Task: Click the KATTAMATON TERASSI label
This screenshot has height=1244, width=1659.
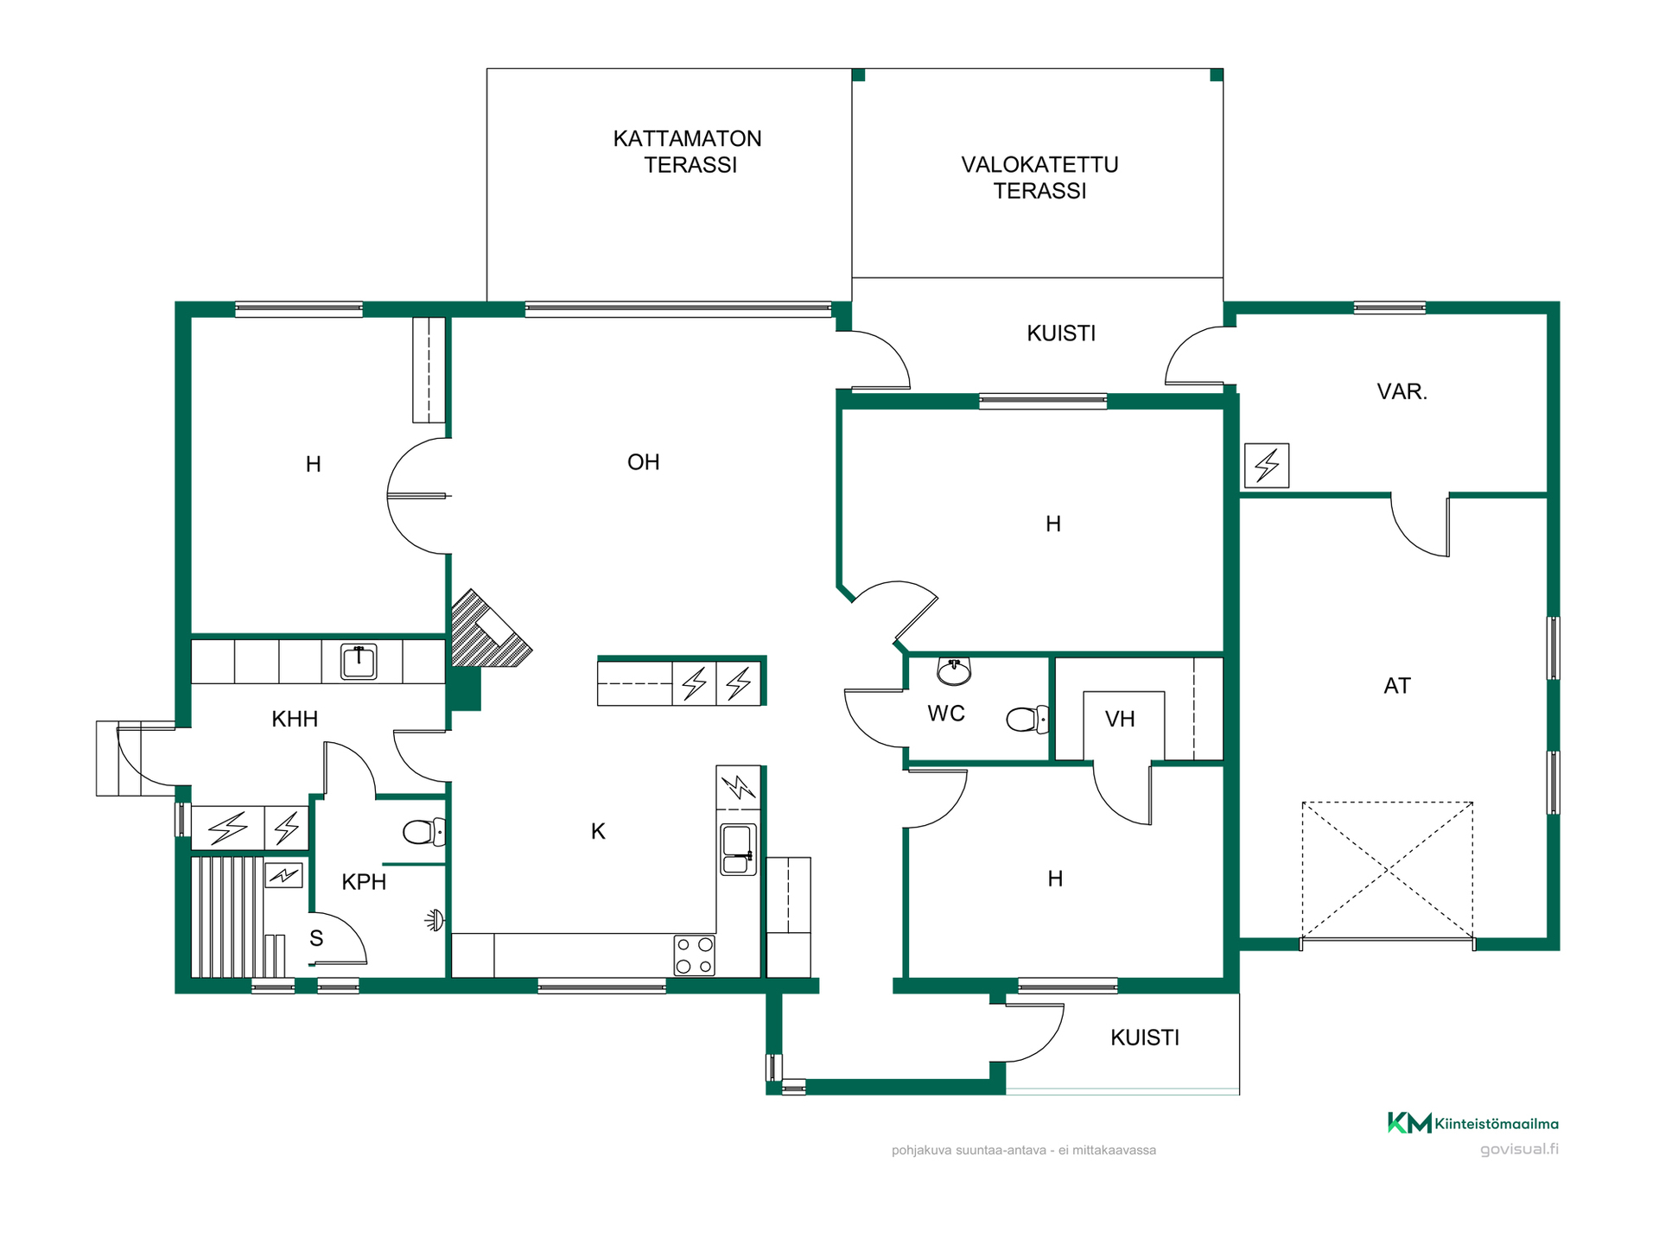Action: point(688,151)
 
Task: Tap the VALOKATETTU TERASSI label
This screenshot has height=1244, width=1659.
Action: point(1039,177)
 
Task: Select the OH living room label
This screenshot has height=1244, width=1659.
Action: point(644,462)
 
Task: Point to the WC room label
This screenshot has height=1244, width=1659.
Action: point(946,714)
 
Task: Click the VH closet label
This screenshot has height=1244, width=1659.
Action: point(1120,719)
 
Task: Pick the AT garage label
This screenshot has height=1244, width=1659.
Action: point(1397,686)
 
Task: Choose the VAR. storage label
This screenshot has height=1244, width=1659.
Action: point(1402,391)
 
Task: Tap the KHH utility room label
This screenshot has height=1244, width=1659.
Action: point(295,719)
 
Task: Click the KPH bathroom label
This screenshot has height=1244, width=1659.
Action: point(364,882)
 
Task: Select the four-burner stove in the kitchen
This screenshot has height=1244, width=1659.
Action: point(694,955)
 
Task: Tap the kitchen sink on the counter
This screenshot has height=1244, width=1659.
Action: point(738,849)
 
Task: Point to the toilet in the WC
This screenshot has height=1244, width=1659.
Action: point(1027,719)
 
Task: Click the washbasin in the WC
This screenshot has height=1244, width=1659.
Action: point(954,671)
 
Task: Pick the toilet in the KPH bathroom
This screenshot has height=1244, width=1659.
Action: point(424,832)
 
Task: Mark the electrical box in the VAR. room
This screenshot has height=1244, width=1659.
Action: point(1267,466)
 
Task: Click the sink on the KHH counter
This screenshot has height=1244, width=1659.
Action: point(359,662)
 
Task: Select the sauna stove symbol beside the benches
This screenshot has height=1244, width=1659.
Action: point(284,875)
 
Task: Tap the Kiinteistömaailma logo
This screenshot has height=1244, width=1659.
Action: point(1473,1123)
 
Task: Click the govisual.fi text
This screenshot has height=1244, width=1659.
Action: point(1519,1149)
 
